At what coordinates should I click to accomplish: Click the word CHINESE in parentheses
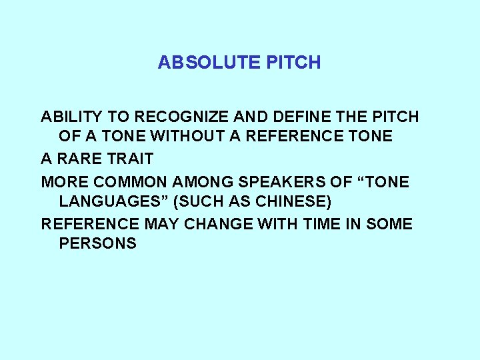point(294,201)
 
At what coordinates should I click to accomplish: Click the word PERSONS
point(97,243)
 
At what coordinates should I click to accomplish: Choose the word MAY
point(162,223)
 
